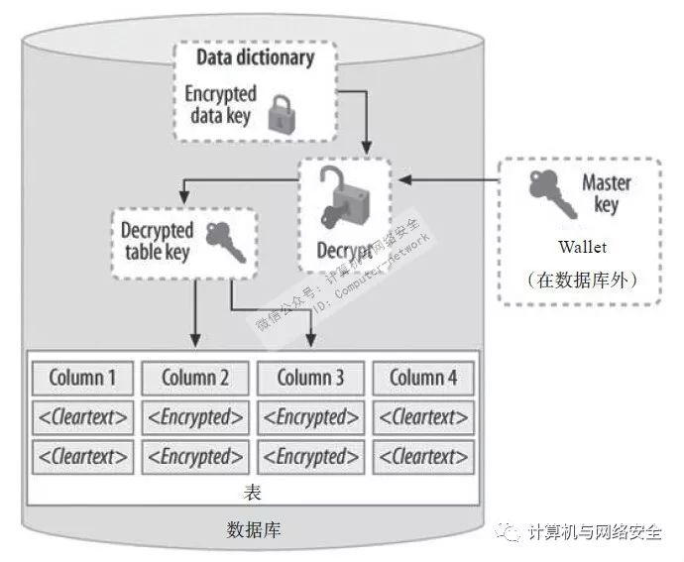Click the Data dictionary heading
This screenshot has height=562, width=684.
coord(255,56)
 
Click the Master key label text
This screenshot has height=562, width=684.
coord(606,194)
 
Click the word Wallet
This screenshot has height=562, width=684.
coord(581,247)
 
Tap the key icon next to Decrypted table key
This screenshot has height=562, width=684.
coord(225,241)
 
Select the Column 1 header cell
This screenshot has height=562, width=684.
coord(82,378)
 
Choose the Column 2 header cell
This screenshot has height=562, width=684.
coord(195,378)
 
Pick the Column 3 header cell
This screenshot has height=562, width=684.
coord(310,378)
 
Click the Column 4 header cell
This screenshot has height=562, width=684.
coord(423,378)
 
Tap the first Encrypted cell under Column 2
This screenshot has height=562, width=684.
coord(195,417)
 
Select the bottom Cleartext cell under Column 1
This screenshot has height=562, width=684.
coord(82,457)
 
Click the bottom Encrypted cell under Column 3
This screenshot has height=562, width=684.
coord(310,457)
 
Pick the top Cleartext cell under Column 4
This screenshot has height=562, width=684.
coord(423,417)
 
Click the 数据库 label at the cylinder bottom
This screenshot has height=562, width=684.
coord(254,530)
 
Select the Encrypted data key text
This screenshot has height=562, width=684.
coord(220,106)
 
